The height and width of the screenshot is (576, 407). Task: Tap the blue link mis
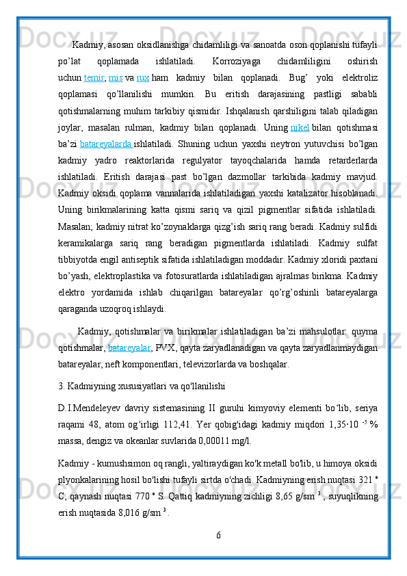(x=116, y=77)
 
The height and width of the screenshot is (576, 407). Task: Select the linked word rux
(x=142, y=77)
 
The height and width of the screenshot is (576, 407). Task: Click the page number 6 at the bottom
(x=218, y=552)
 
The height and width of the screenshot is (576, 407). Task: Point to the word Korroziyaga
(x=226, y=62)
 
